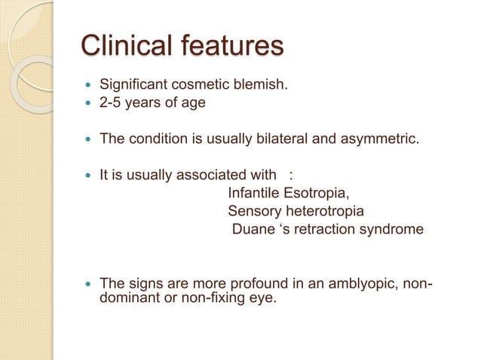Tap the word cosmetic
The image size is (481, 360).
click(x=198, y=84)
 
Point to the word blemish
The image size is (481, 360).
click(x=259, y=84)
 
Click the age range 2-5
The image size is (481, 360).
click(x=112, y=102)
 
